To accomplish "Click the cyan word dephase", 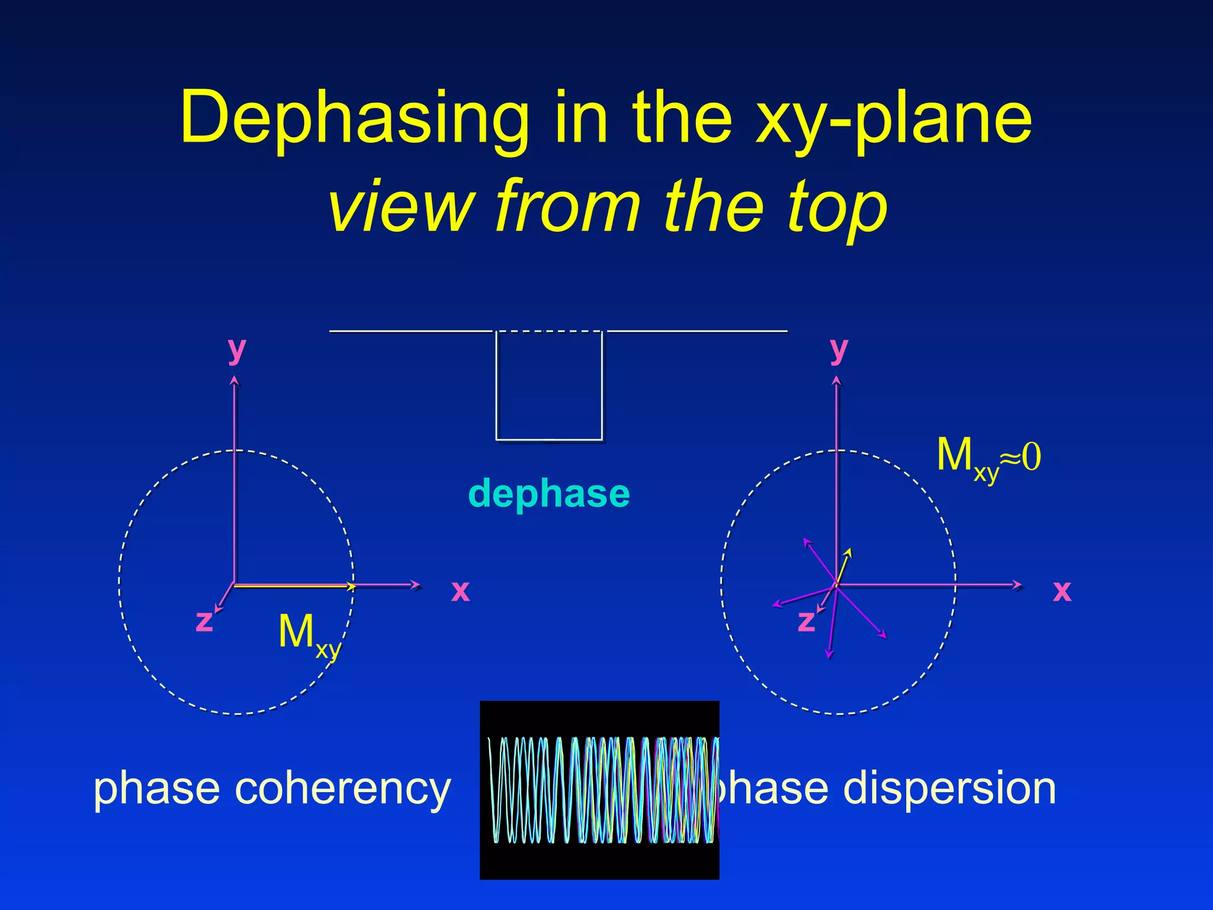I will [x=548, y=494].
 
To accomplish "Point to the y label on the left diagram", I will [x=236, y=350].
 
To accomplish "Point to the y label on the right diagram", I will [x=839, y=350].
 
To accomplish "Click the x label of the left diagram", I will [x=460, y=591].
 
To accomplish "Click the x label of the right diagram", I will [x=1062, y=591].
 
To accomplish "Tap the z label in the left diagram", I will [x=204, y=621].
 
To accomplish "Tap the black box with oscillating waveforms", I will [x=599, y=789].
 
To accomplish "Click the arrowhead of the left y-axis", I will [x=235, y=382].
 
